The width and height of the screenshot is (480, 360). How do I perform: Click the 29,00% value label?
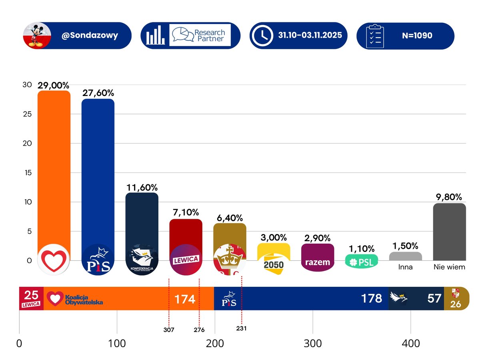click(x=54, y=85)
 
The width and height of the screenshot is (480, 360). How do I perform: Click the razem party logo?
click(x=318, y=262)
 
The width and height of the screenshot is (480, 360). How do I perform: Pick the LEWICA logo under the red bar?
click(x=186, y=259)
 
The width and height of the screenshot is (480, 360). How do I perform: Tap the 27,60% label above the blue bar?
click(x=98, y=93)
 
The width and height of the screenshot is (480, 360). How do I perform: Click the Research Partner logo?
click(x=200, y=36)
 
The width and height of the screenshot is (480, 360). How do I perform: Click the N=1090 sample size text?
click(x=417, y=35)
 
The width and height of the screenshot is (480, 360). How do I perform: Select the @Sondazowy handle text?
click(x=90, y=35)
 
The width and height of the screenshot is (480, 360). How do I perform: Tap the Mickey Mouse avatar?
click(x=37, y=35)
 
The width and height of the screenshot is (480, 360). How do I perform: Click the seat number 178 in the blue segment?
click(x=372, y=298)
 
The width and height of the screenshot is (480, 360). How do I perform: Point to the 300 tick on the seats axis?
click(x=312, y=344)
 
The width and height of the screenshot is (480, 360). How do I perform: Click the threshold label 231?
click(x=241, y=328)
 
